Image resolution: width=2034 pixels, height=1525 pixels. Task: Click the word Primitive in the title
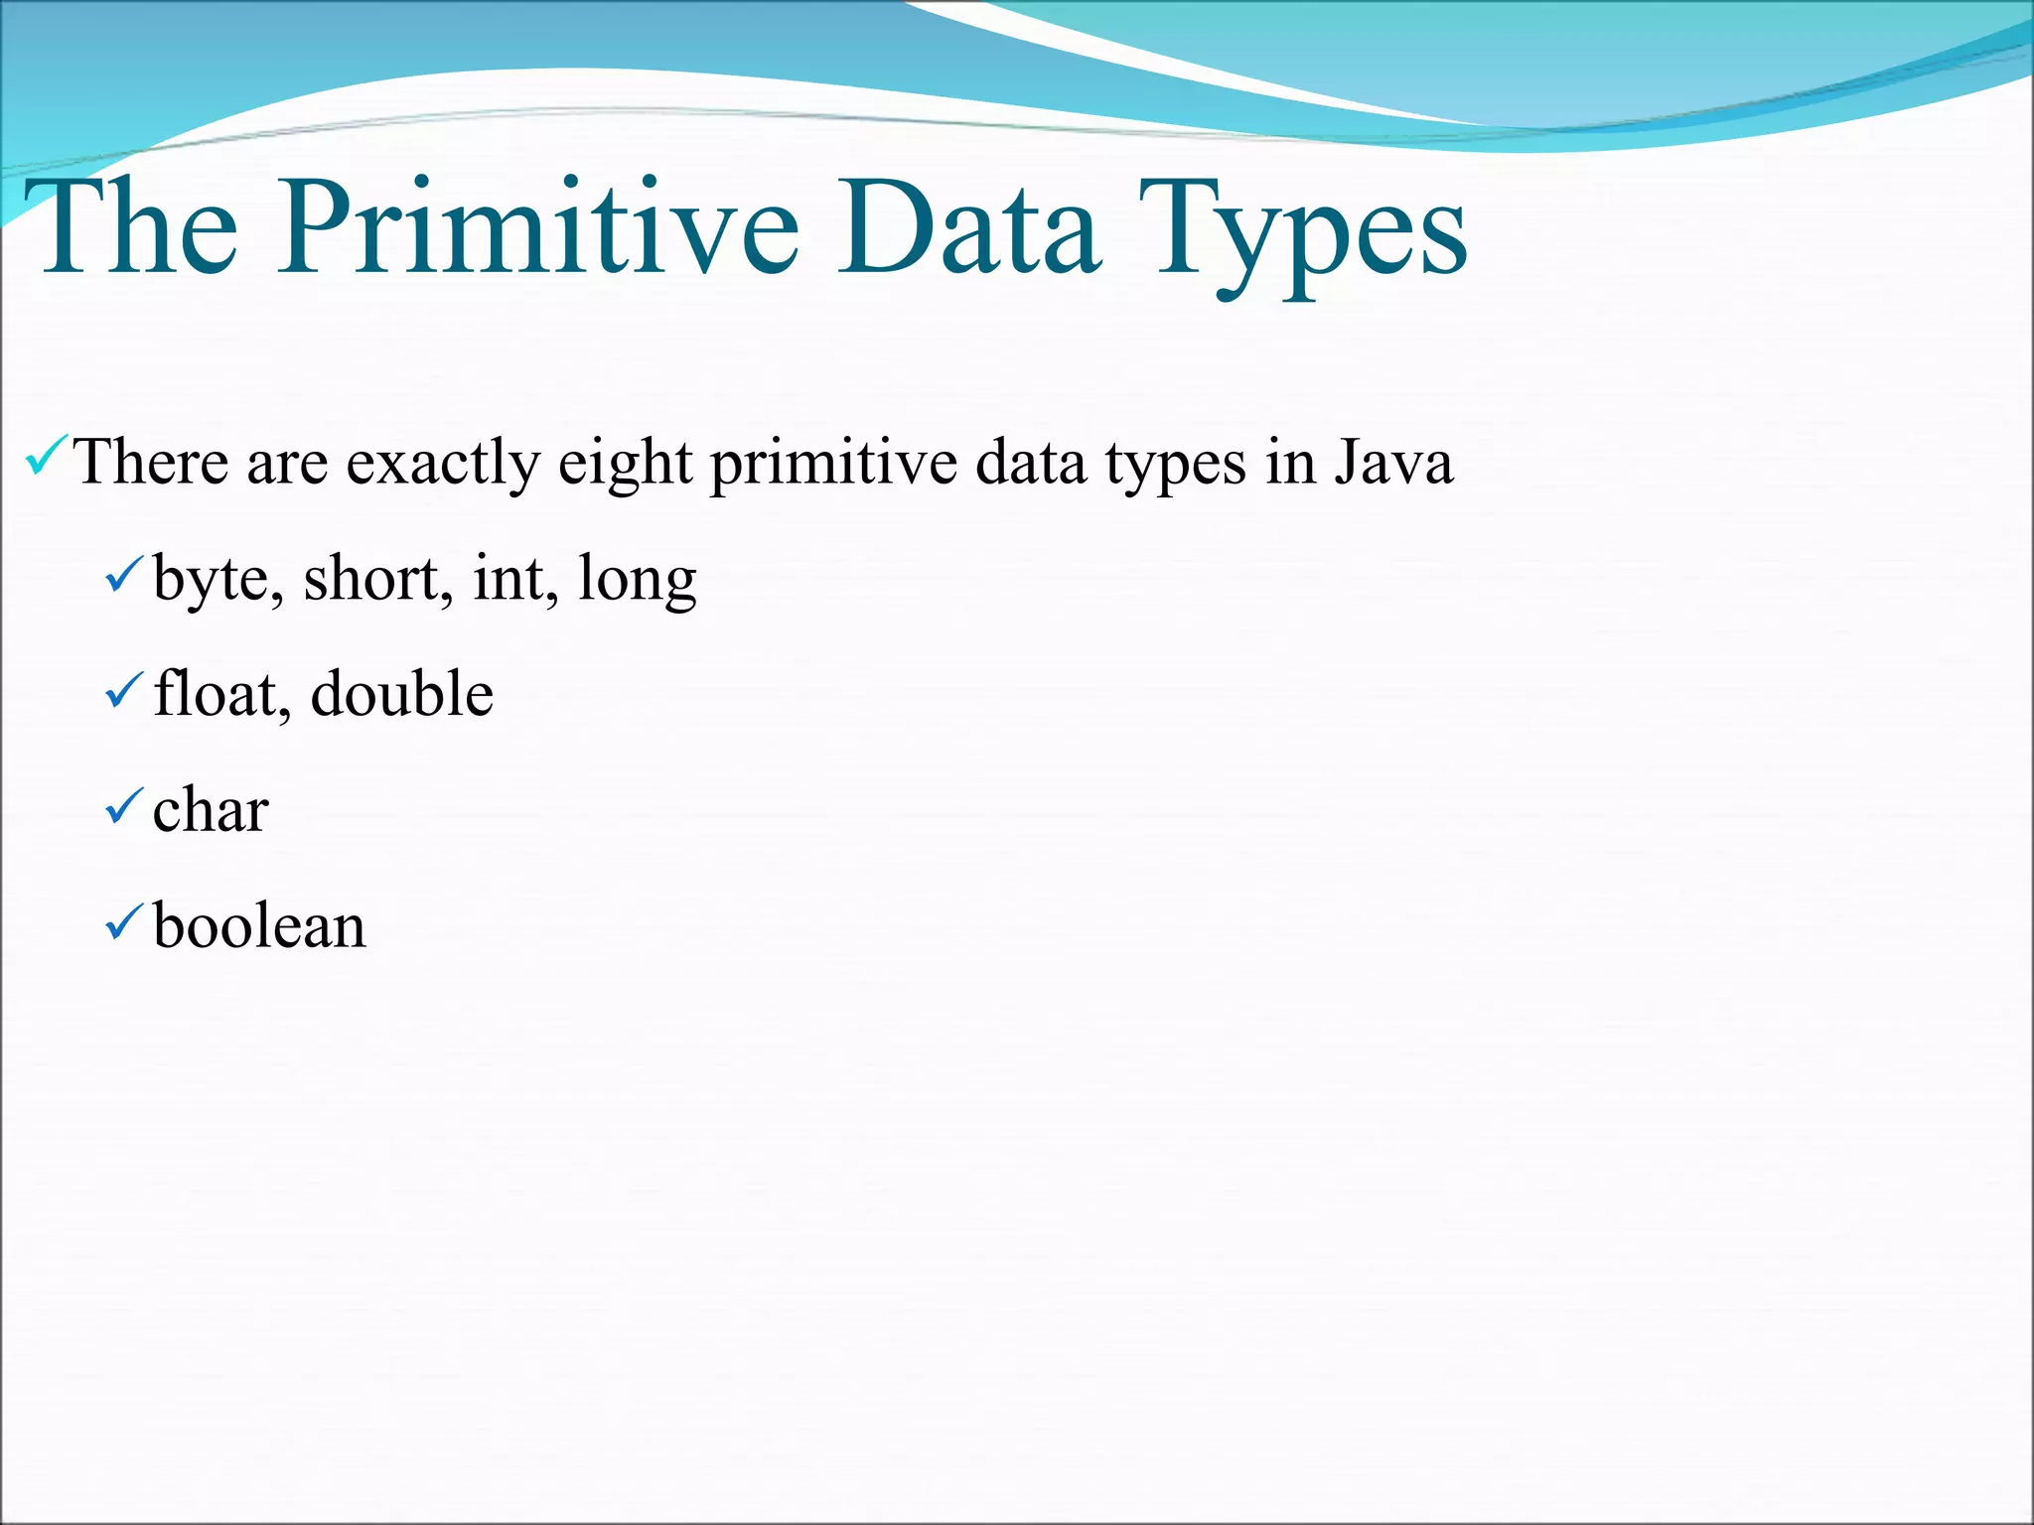(536, 228)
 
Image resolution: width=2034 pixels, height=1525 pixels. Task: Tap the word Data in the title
(968, 228)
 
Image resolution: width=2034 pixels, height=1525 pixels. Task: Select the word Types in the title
(1301, 233)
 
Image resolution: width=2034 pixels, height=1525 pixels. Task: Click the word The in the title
(139, 228)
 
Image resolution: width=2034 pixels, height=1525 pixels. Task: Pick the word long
(637, 581)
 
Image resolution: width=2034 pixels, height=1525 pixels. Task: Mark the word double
(401, 694)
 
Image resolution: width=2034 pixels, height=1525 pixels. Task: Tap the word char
(211, 810)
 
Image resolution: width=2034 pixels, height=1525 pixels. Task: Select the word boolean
(259, 926)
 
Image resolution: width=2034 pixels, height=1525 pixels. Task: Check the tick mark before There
(46, 456)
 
